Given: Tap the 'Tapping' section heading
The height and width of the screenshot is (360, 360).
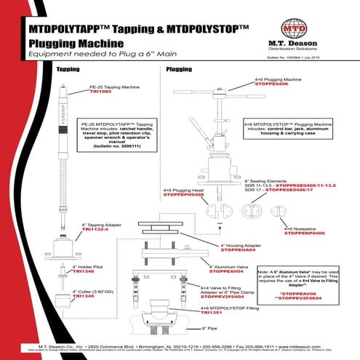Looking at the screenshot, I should [68, 69].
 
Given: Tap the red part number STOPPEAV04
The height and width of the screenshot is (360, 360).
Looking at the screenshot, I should [226, 271].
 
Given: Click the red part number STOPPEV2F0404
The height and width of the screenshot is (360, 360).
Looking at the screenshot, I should [223, 297].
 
